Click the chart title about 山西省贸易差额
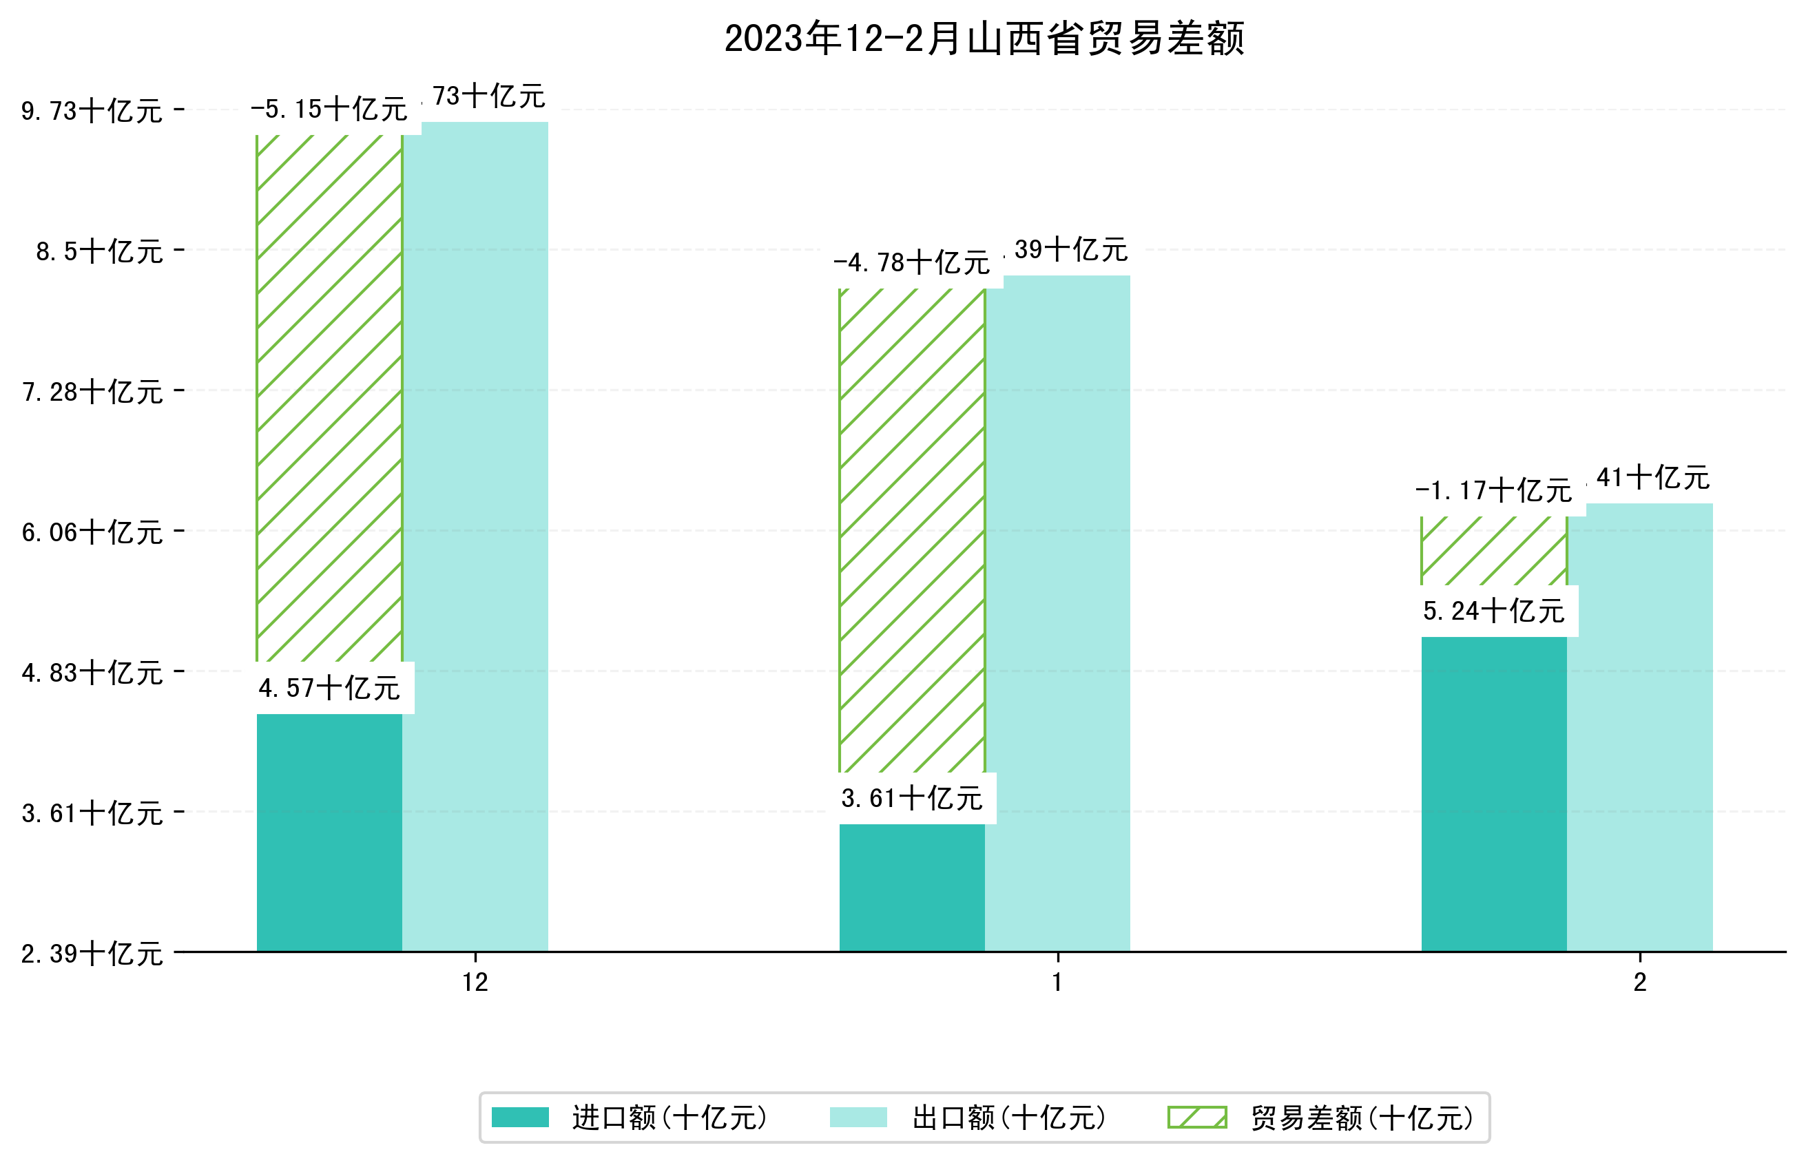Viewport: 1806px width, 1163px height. [x=984, y=39]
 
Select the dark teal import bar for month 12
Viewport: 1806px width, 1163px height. [x=329, y=832]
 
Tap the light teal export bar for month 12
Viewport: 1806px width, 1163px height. [x=475, y=536]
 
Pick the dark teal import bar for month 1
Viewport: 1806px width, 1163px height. [x=912, y=888]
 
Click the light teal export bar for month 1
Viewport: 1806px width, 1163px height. [x=1057, y=614]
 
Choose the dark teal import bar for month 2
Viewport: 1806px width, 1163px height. [x=1493, y=794]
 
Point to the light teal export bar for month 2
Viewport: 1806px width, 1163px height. [x=1640, y=726]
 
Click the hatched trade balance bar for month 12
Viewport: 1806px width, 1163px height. [x=329, y=398]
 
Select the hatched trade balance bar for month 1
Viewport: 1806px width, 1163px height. [x=912, y=530]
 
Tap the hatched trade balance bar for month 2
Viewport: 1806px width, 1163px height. [x=1493, y=551]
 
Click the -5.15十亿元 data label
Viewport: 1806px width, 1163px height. [x=329, y=110]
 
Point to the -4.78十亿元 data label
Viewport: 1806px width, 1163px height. [x=912, y=264]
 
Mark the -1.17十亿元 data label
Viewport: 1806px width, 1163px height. [x=1493, y=492]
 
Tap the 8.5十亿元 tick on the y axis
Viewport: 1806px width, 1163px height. [x=99, y=251]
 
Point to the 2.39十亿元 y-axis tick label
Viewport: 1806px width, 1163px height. [x=92, y=954]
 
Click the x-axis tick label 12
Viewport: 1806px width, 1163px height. [x=475, y=983]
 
